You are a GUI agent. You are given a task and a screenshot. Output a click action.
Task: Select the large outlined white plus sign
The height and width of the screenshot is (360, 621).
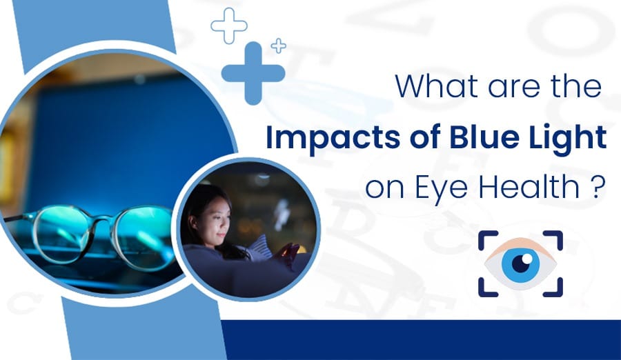(x=228, y=26)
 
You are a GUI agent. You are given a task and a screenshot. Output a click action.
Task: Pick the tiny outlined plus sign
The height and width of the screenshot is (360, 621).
(x=279, y=46)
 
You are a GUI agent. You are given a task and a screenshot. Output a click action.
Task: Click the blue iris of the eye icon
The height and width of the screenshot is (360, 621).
(x=520, y=264)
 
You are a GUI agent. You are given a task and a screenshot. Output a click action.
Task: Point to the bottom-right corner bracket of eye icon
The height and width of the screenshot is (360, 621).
(x=553, y=288)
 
